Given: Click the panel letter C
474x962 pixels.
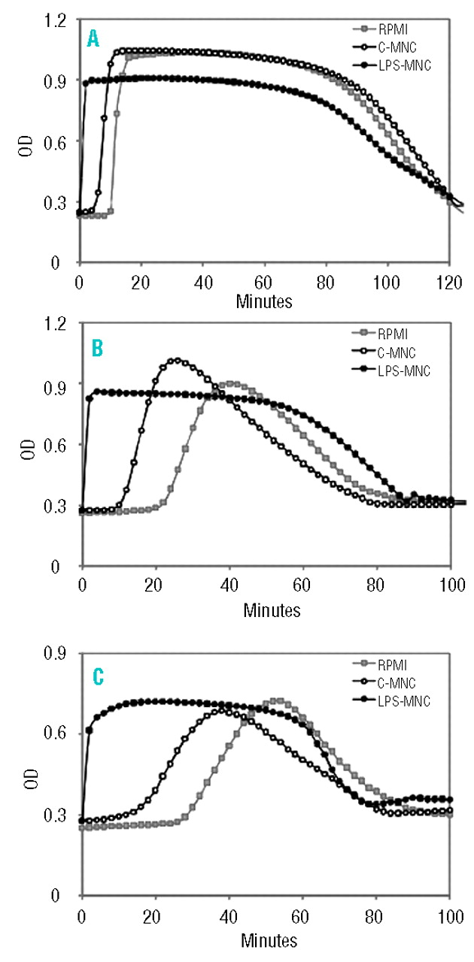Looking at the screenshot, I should pos(96,676).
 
